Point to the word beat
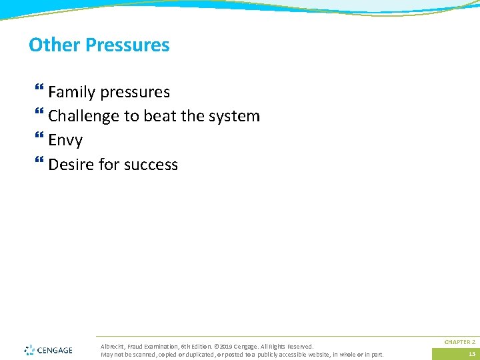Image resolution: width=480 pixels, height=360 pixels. click(159, 116)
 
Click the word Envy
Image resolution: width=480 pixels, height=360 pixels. click(65, 140)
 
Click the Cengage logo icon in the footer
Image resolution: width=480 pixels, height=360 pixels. click(29, 350)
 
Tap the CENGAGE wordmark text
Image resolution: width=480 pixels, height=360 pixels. click(55, 350)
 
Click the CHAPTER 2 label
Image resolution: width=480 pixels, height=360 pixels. click(459, 341)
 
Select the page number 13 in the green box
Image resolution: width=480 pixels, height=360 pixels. click(471, 354)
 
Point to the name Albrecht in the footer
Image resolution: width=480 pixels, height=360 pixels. click(111, 347)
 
